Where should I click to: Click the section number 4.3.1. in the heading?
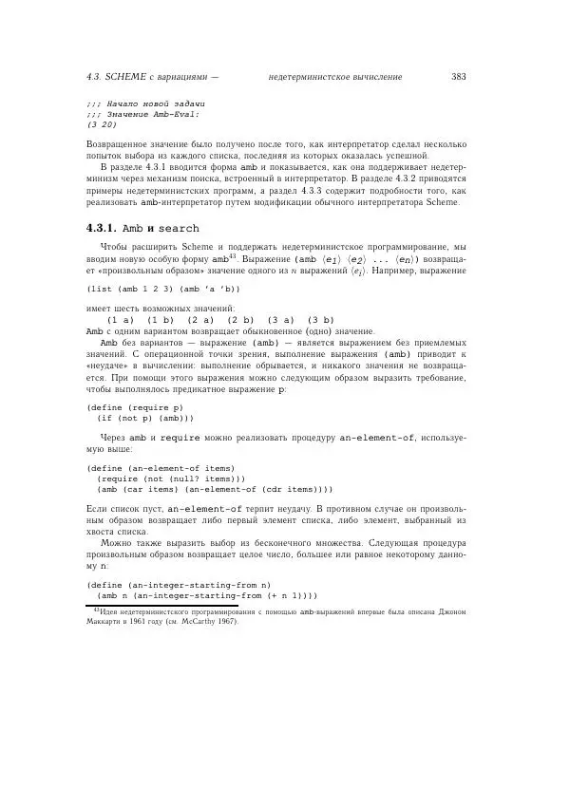coord(101,229)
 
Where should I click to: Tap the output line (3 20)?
coord(102,123)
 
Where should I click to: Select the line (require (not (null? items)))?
coord(171,479)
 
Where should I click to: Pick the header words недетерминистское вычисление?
coord(335,76)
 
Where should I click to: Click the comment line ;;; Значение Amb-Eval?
coord(142,113)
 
